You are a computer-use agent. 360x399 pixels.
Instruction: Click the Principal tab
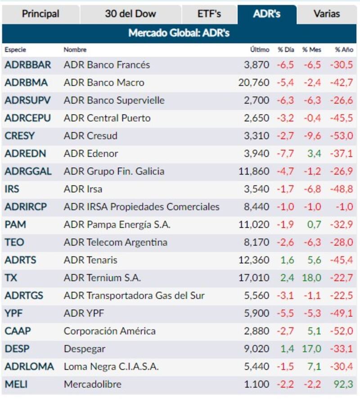click(x=40, y=14)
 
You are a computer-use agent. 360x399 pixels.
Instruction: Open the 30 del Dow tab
click(x=130, y=14)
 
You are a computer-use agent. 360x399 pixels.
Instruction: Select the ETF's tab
click(x=209, y=14)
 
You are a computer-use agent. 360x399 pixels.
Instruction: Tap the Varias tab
click(x=327, y=14)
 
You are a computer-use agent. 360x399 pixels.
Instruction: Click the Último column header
click(x=260, y=50)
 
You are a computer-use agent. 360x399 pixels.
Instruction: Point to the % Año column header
click(x=344, y=50)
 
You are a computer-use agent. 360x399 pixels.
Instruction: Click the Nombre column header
click(x=75, y=50)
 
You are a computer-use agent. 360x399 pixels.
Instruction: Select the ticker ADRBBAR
click(x=28, y=65)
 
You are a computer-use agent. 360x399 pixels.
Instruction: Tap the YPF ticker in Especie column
click(x=13, y=314)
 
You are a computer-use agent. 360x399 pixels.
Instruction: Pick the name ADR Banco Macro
click(x=104, y=83)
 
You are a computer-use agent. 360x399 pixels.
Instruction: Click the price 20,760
click(x=254, y=83)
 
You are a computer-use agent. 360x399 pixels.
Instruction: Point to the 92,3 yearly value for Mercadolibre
click(x=344, y=385)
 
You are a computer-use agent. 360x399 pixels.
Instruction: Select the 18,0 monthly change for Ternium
click(x=311, y=278)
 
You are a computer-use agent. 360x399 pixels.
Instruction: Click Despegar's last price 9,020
click(x=256, y=349)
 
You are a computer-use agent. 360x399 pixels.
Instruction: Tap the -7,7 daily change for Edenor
click(x=285, y=154)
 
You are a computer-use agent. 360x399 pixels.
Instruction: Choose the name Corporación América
click(x=110, y=332)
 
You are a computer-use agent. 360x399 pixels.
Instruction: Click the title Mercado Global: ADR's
click(x=179, y=33)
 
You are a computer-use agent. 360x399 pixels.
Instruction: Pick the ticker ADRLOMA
click(x=29, y=367)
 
